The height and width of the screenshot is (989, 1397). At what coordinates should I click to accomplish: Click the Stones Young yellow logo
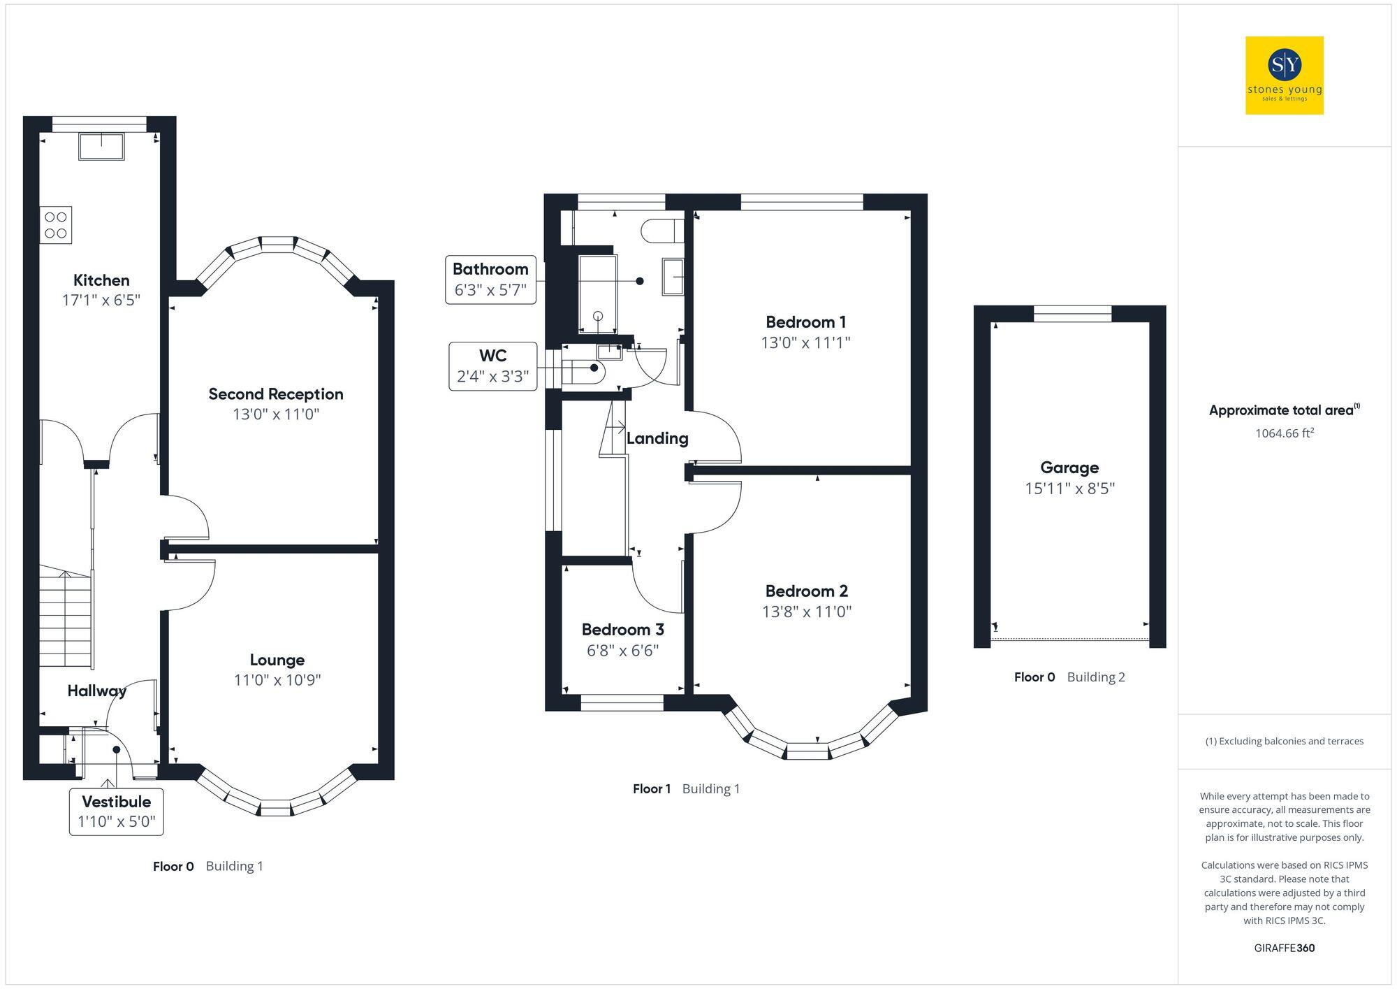coord(1284,75)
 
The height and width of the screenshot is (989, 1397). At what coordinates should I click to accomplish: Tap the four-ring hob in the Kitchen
coord(56,225)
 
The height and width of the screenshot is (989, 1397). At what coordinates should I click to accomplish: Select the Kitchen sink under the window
coord(102,146)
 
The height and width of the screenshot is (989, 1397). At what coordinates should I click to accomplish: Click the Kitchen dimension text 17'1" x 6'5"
coord(101,301)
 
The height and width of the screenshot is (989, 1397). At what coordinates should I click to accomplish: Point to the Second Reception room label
coord(276,394)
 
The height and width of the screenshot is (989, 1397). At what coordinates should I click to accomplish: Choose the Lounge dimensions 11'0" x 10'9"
coord(277,680)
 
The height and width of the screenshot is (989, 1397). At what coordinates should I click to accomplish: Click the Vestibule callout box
coord(117,811)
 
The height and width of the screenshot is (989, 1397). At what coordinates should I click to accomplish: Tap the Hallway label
coord(96,691)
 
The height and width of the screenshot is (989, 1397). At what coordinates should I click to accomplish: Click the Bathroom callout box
coord(490,280)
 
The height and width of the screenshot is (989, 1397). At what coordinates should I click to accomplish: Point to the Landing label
coord(657,438)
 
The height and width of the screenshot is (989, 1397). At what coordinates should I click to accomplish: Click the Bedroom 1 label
coord(805,322)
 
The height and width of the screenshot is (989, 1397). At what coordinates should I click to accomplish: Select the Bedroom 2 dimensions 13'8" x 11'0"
coord(807,612)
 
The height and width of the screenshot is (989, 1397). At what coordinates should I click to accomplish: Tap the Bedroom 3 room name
coord(622,630)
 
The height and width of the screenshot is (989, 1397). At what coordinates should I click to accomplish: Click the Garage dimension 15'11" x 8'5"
coord(1069,489)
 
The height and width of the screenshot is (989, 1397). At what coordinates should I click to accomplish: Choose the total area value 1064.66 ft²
coord(1284,433)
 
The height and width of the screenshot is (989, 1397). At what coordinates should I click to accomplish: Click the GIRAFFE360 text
coord(1284,948)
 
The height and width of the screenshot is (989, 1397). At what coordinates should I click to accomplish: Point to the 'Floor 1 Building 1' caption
coord(686,789)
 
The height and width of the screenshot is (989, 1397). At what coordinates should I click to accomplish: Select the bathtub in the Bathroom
coord(598,294)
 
